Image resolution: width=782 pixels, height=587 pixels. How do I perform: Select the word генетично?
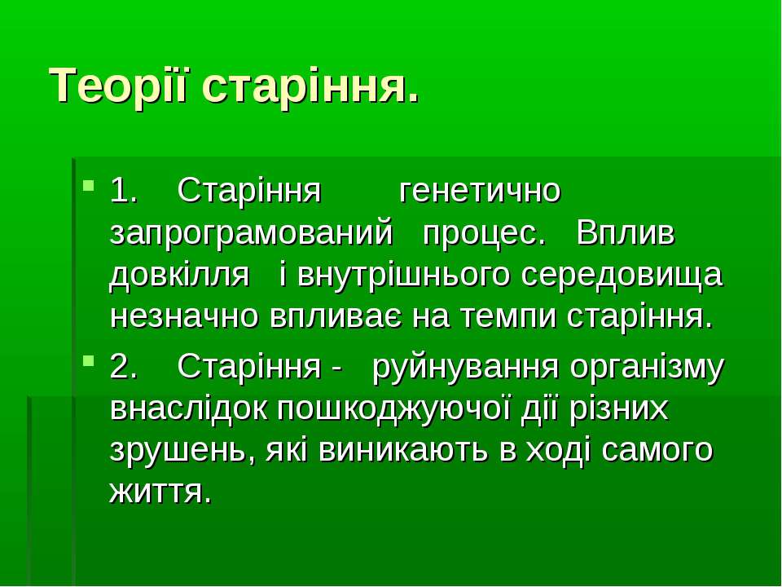(480, 192)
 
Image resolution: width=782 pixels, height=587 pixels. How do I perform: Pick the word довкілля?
(179, 276)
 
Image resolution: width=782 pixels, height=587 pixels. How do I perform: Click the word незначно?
(184, 317)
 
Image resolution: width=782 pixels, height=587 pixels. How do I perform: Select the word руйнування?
(465, 368)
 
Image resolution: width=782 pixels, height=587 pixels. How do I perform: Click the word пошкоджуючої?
(393, 410)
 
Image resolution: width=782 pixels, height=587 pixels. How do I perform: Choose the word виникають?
(402, 450)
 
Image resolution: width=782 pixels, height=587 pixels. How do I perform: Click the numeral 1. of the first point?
(123, 191)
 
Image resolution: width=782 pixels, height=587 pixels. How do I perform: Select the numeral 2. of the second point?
(123, 367)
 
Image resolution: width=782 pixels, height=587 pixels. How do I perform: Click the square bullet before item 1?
(88, 186)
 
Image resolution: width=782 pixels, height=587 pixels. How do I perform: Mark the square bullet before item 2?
(88, 360)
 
